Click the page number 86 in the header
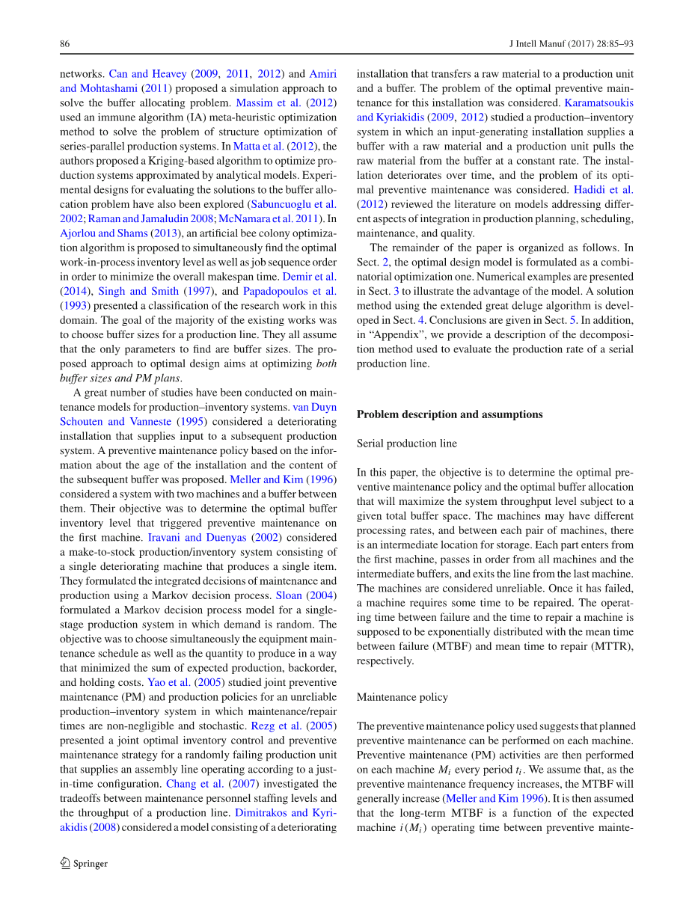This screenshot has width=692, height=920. [x=64, y=44]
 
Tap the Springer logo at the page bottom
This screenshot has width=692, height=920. [x=84, y=863]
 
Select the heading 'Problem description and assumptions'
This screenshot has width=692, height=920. [x=450, y=414]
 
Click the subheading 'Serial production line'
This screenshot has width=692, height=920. [x=406, y=444]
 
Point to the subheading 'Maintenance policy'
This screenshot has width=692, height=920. [x=402, y=697]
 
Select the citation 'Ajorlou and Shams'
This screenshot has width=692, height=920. [x=103, y=233]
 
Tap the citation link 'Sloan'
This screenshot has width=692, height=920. [x=288, y=595]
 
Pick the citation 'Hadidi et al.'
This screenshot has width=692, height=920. [x=603, y=189]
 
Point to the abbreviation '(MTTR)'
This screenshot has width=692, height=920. [x=616, y=646]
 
